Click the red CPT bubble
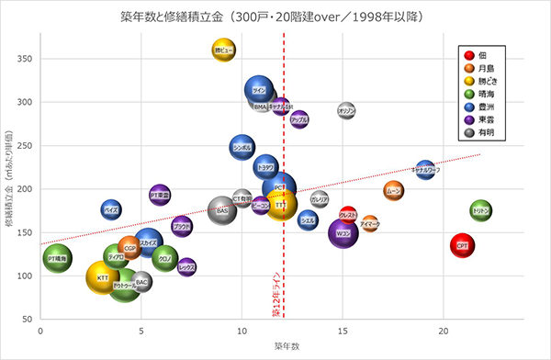(x=462, y=245)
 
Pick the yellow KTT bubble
(x=103, y=276)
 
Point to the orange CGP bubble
(x=129, y=248)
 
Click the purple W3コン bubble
(x=343, y=233)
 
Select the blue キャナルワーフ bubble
(x=425, y=169)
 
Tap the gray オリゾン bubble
(x=346, y=111)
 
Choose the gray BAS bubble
(x=222, y=210)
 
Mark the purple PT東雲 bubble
(x=160, y=195)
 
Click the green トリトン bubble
(x=480, y=211)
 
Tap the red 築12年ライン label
(x=275, y=294)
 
